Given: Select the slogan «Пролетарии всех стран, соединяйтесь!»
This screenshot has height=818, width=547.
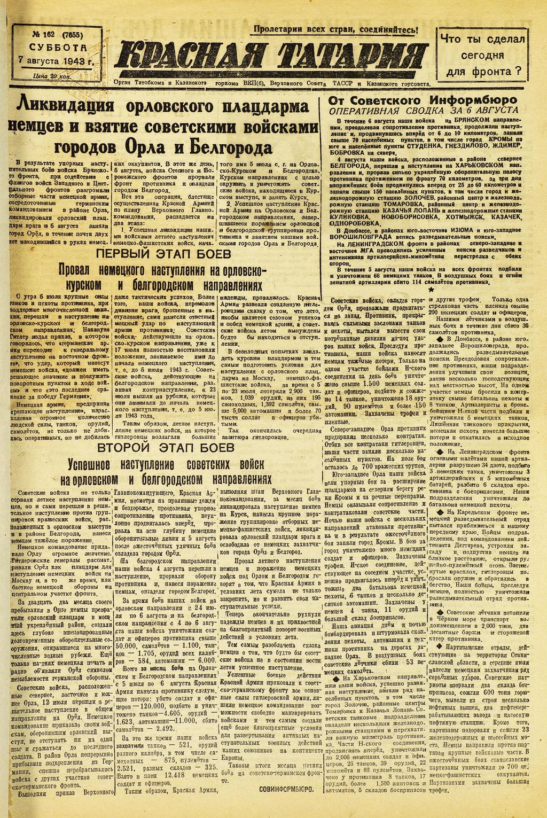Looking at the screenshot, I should pyautogui.click(x=335, y=30).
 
